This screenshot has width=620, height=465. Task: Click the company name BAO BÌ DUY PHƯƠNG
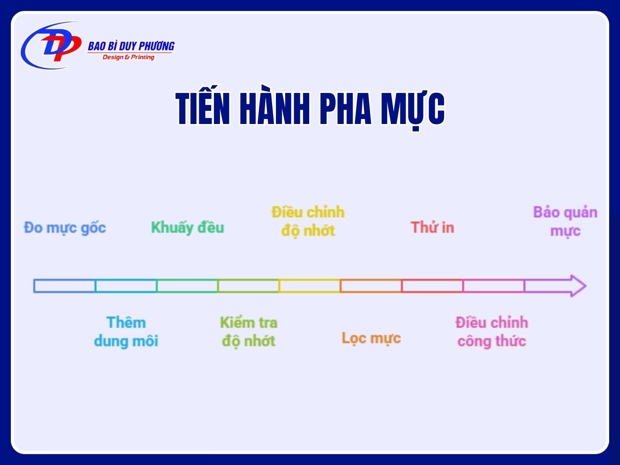131,46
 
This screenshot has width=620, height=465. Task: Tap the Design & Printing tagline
128,57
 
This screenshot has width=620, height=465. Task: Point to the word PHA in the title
345,109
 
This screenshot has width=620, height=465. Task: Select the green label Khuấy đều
188,227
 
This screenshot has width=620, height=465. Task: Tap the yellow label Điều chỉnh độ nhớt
308,221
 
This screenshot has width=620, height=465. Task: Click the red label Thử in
432,227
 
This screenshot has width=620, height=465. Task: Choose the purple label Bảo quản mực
565,222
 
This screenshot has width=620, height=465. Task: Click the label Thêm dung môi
126,331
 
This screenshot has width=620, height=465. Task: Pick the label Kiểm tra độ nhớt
248,332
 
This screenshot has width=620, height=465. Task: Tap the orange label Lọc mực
371,338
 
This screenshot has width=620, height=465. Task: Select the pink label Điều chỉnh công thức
491,331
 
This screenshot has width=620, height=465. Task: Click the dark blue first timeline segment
64,286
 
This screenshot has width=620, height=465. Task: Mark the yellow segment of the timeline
309,286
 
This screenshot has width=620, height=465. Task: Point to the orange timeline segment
371,286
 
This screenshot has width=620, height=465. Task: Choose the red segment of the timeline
432,286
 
